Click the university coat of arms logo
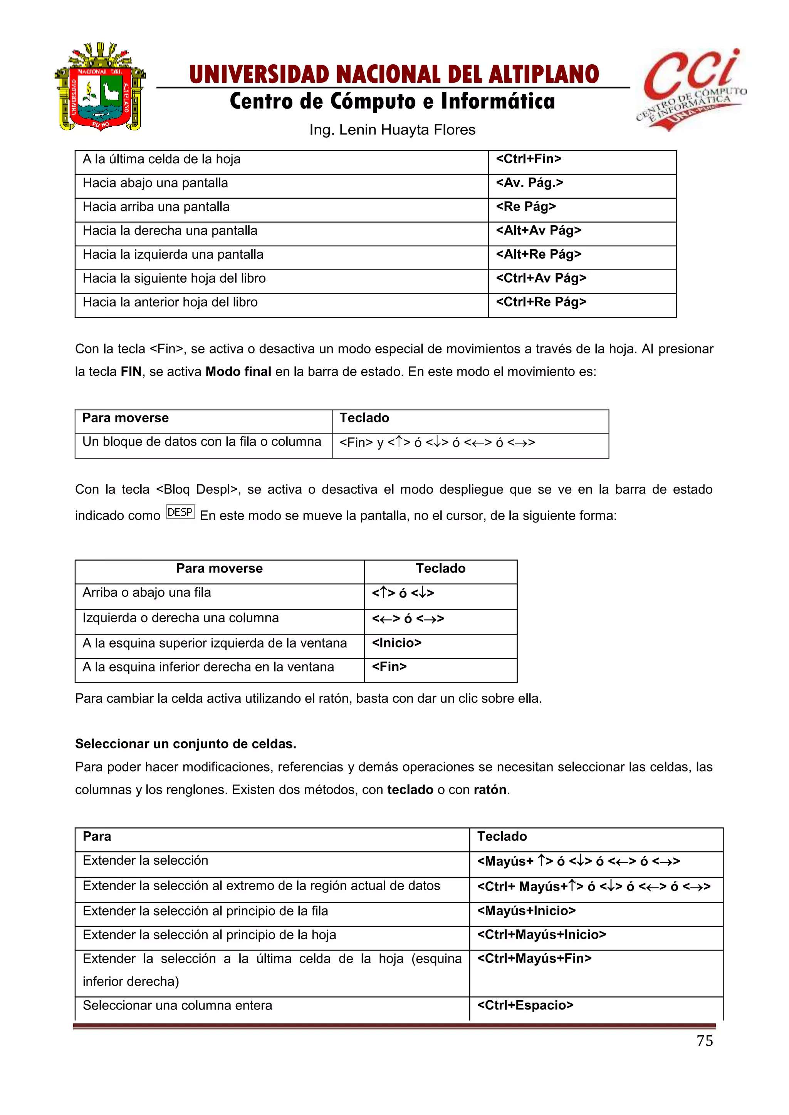(100, 87)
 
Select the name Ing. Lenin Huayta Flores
(392, 130)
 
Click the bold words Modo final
(238, 372)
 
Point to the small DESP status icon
(180, 512)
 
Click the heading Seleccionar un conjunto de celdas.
(186, 744)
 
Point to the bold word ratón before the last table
(490, 790)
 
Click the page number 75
(705, 1041)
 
